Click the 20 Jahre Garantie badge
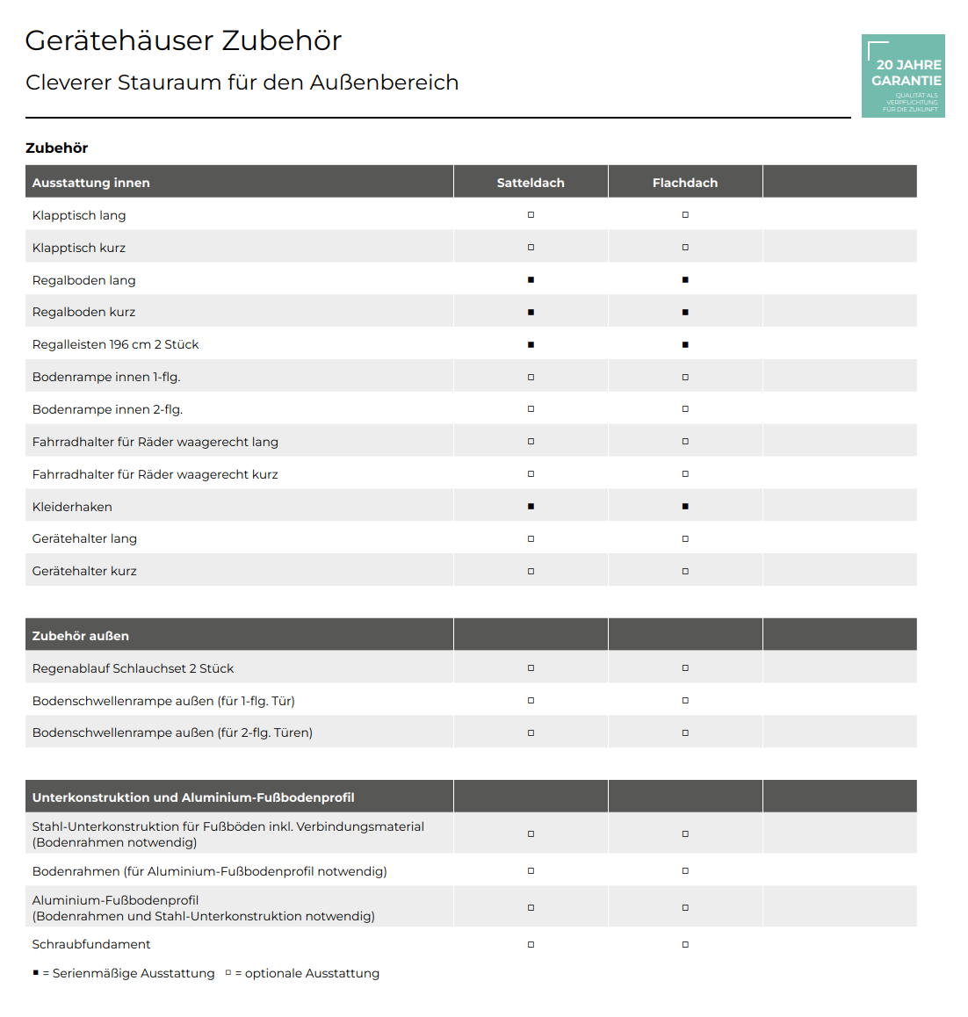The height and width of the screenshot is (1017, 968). tap(903, 76)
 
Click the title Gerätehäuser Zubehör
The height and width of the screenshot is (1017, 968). tap(183, 40)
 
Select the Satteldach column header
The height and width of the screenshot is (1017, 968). tap(531, 183)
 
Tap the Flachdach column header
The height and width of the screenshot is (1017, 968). tap(685, 183)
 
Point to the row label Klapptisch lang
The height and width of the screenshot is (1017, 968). tap(79, 215)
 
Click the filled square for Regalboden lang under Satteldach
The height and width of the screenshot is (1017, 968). tap(531, 280)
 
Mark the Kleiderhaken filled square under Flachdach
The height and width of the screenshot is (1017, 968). tap(685, 507)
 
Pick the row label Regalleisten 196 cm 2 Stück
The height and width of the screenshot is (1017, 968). tap(115, 344)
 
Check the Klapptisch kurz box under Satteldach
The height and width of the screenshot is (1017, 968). tap(531, 248)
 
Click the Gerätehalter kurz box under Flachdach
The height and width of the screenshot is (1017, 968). tap(685, 572)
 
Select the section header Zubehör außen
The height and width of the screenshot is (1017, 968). tap(81, 636)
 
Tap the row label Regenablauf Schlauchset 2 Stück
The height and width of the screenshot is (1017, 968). tap(133, 668)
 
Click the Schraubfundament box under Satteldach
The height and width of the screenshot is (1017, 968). tap(531, 945)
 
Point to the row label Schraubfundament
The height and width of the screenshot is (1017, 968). tap(91, 944)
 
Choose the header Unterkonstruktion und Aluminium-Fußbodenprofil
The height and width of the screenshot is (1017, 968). tap(193, 797)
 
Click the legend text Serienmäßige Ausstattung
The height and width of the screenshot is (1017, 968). tap(134, 973)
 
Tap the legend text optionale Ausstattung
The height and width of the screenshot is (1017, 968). tap(312, 973)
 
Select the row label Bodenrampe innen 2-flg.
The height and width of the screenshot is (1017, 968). tap(107, 409)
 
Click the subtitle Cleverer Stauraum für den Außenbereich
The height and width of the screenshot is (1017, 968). tap(242, 83)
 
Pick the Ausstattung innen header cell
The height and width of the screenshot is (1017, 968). tap(91, 183)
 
